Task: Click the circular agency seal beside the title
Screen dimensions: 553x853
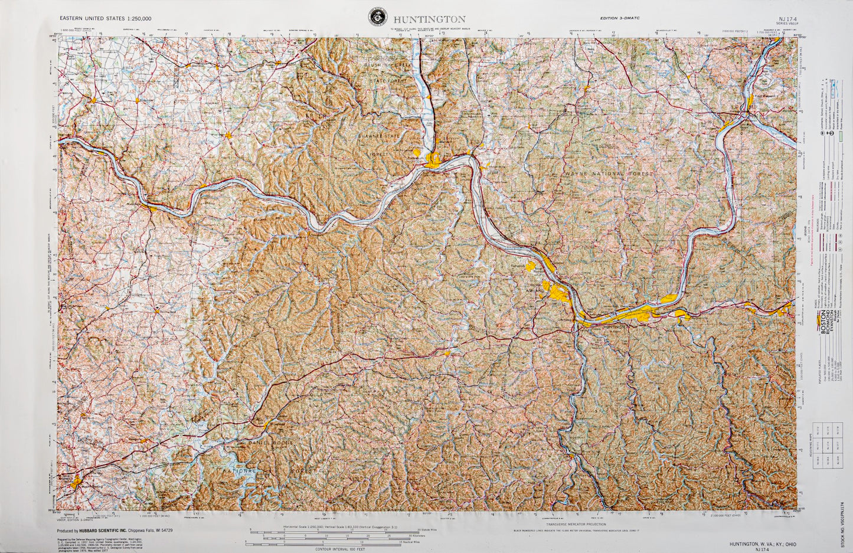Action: point(375,17)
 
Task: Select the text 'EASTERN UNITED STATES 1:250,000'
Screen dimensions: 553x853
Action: point(105,18)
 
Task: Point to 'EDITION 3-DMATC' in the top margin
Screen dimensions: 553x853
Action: point(620,18)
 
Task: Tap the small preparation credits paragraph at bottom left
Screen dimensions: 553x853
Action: point(102,541)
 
